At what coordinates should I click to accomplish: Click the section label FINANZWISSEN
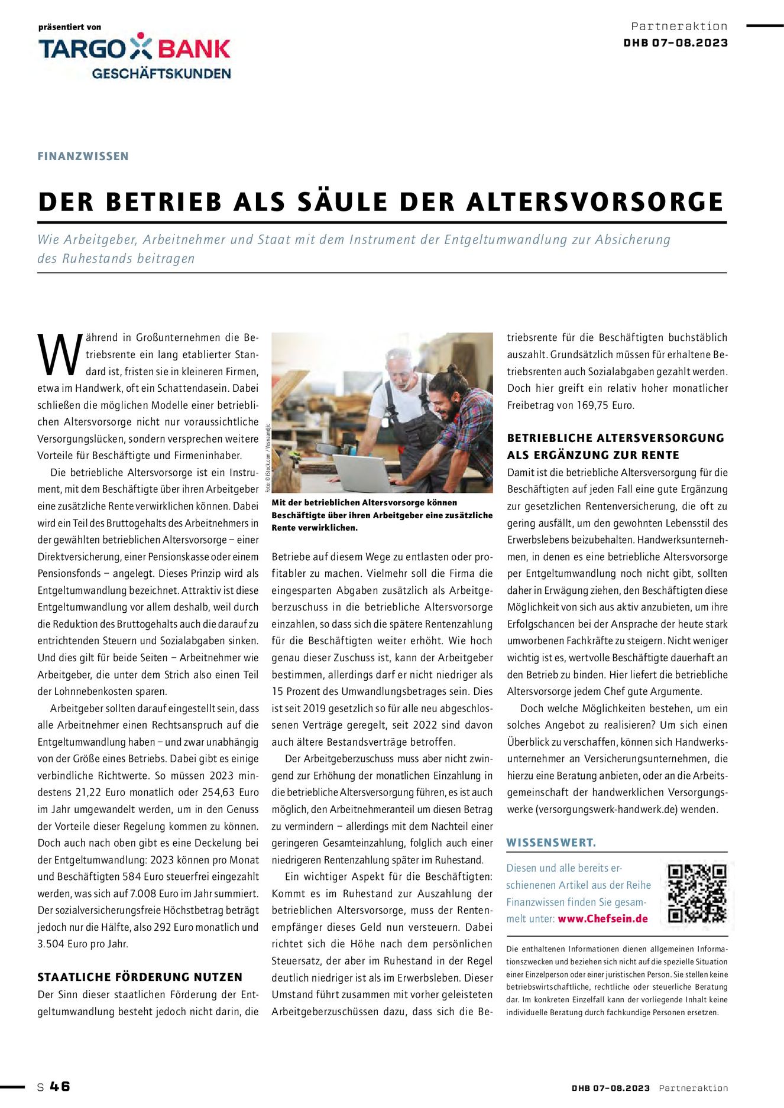(x=83, y=156)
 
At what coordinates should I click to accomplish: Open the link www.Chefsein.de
(x=602, y=919)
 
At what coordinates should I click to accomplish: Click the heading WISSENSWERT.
(x=551, y=843)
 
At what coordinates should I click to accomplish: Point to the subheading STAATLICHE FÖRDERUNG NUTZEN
(x=140, y=977)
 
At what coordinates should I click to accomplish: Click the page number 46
(x=60, y=1086)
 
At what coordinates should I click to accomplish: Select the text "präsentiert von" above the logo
(x=70, y=27)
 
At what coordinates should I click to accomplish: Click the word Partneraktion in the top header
(x=679, y=26)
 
